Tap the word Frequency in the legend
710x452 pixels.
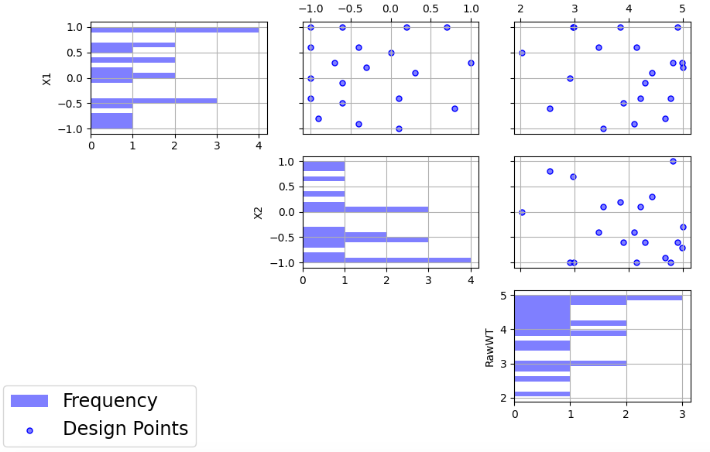110,401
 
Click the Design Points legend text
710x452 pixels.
125,429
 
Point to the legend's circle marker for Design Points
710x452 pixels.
29,430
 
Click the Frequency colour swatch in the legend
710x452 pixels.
29,401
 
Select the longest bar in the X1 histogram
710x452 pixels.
175,29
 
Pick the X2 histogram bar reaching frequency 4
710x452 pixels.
386,260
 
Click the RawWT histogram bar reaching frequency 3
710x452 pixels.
598,297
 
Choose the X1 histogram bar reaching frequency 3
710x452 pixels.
153,101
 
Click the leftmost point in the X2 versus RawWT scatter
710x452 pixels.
522,212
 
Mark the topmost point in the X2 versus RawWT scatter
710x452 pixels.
673,161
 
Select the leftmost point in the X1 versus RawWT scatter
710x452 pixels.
522,53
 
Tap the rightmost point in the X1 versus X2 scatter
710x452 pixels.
471,63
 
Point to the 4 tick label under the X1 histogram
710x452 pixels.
259,144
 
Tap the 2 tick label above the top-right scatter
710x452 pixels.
520,9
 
